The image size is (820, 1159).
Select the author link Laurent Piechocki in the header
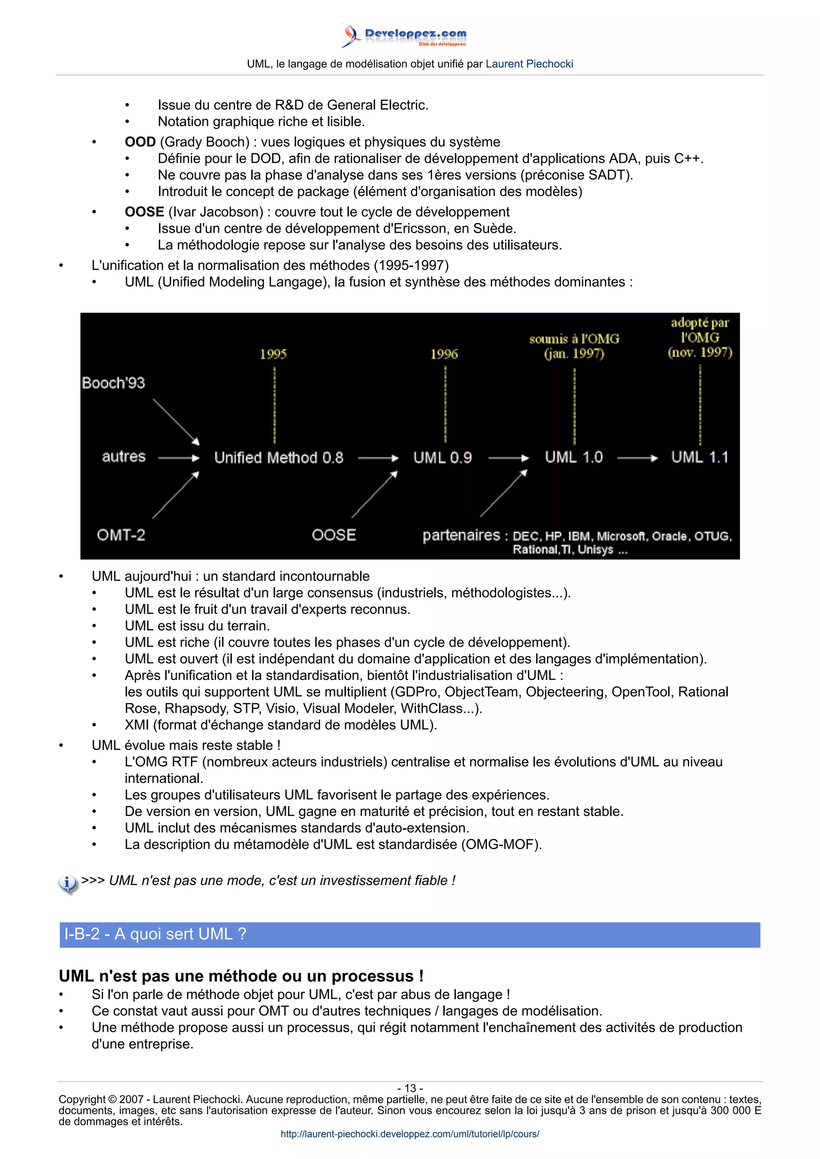pyautogui.click(x=529, y=64)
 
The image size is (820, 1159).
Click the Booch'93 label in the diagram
pyautogui.click(x=114, y=383)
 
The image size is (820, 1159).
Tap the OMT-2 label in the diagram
pyautogui.click(x=121, y=535)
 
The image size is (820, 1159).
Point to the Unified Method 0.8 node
pyautogui.click(x=278, y=458)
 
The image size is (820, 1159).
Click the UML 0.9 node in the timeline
pyautogui.click(x=442, y=458)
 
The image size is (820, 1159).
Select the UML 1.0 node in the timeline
pyautogui.click(x=573, y=458)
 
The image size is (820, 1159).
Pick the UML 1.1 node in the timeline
pyautogui.click(x=699, y=458)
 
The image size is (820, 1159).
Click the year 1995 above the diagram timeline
pyautogui.click(x=273, y=354)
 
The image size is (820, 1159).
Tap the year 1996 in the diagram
pyautogui.click(x=444, y=354)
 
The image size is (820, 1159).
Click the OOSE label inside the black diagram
pyautogui.click(x=334, y=535)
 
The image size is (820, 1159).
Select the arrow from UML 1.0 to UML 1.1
pyautogui.click(x=637, y=458)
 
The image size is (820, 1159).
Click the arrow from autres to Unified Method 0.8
pyautogui.click(x=179, y=458)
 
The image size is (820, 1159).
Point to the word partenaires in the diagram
pyautogui.click(x=461, y=535)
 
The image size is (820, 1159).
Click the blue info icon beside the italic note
pyautogui.click(x=68, y=884)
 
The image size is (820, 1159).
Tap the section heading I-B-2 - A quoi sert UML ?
pyautogui.click(x=155, y=934)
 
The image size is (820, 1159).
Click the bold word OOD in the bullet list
pyautogui.click(x=140, y=142)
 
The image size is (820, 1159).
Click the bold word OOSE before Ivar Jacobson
pyautogui.click(x=145, y=212)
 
